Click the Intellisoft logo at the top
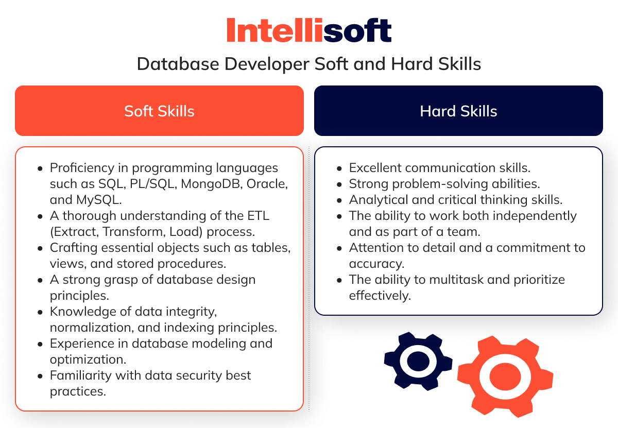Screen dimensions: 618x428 (x=309, y=30)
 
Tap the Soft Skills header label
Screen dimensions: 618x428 (x=159, y=111)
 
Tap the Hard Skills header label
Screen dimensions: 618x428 (x=458, y=111)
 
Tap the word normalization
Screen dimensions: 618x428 (x=92, y=328)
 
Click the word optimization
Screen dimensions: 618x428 (x=88, y=360)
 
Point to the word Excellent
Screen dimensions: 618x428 (x=375, y=168)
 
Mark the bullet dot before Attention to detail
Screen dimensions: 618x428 (x=339, y=249)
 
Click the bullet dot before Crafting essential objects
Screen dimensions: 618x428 (x=40, y=249)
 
